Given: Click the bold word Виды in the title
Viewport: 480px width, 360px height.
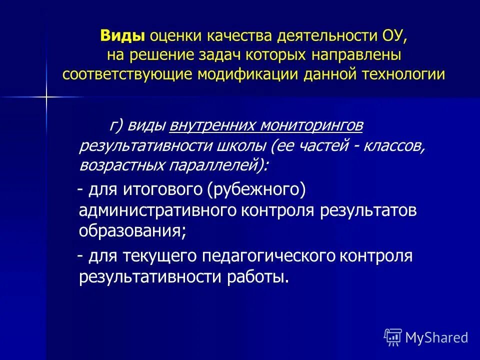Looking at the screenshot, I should pyautogui.click(x=122, y=36).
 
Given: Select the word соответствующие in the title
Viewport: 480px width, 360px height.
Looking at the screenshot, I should pyautogui.click(x=128, y=74).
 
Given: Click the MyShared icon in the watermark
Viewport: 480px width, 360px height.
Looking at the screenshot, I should pyautogui.click(x=393, y=337).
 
